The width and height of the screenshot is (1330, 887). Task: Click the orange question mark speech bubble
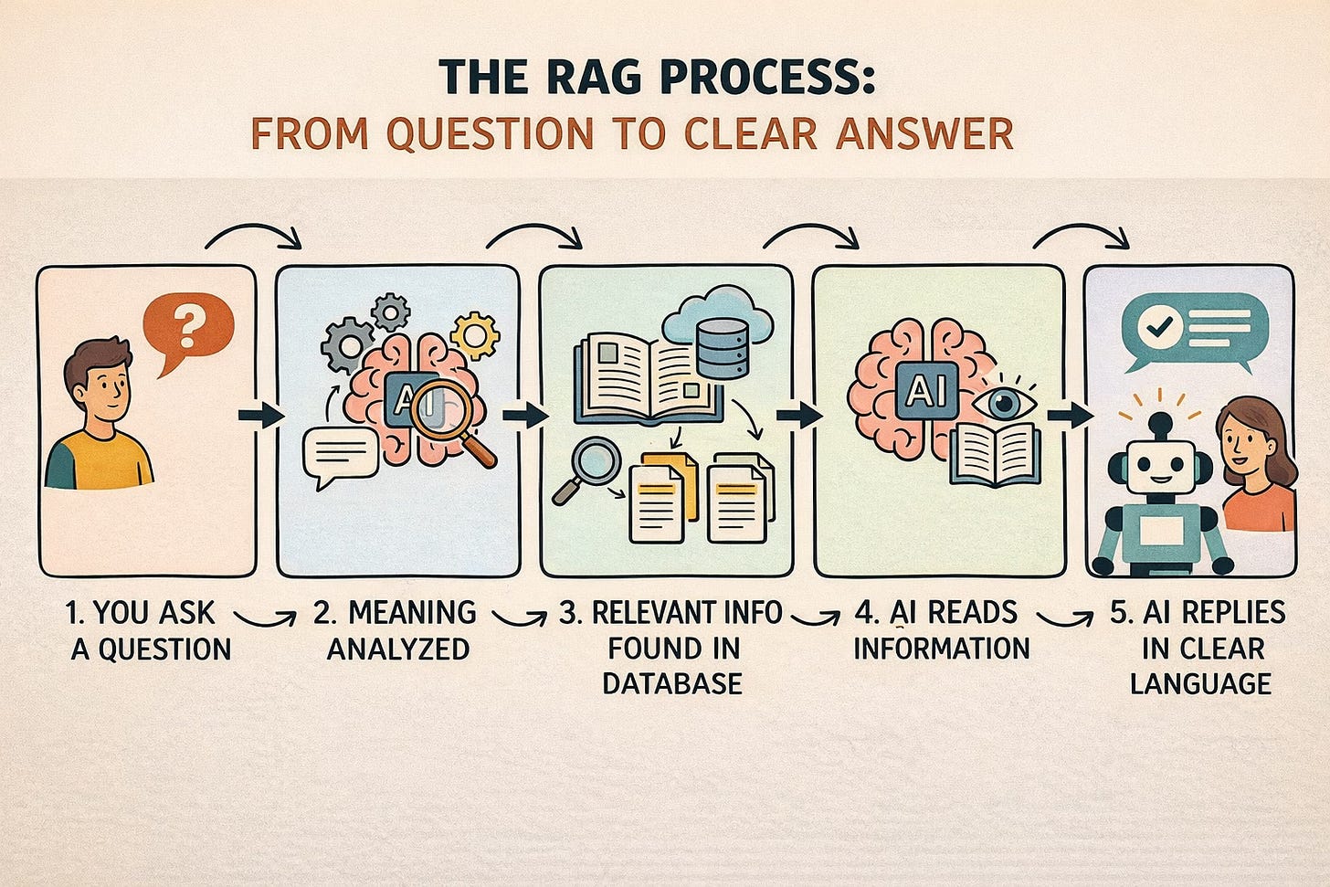(x=188, y=328)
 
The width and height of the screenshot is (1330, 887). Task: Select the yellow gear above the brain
(x=475, y=334)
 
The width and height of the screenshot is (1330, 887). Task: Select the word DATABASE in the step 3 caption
(x=672, y=683)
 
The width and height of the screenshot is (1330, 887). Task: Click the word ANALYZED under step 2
(x=398, y=649)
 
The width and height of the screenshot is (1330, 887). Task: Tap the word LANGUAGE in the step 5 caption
(x=1200, y=683)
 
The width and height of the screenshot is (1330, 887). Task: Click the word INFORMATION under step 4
(x=941, y=649)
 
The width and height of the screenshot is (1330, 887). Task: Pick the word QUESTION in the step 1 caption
(x=164, y=649)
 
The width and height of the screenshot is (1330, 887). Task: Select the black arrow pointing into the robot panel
(x=1070, y=416)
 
